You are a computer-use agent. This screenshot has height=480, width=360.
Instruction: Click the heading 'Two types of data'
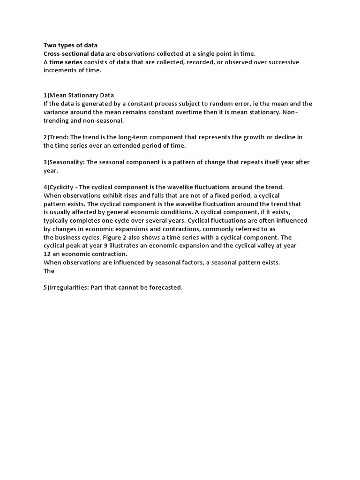(x=70, y=45)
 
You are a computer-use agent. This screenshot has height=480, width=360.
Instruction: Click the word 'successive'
(x=281, y=62)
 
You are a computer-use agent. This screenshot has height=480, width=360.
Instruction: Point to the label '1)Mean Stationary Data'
(x=79, y=95)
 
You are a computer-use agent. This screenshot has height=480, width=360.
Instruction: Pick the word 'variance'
(x=57, y=112)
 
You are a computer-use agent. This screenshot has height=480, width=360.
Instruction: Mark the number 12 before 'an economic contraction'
(x=47, y=254)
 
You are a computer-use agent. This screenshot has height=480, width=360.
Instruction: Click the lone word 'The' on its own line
(x=49, y=271)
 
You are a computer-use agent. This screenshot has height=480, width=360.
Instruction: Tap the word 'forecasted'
(x=164, y=287)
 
